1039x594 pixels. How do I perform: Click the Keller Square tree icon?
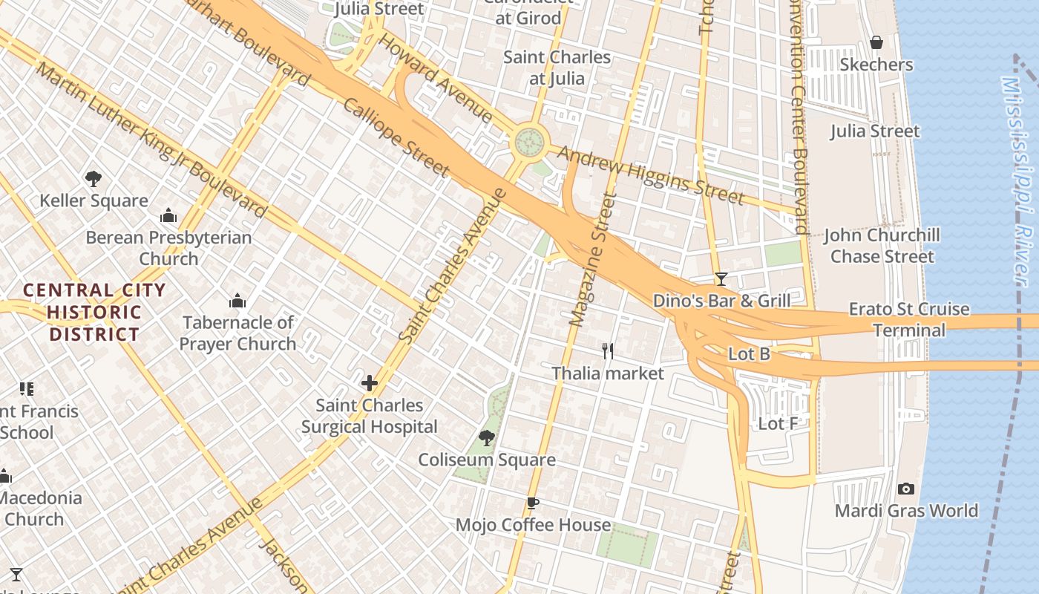[x=94, y=178]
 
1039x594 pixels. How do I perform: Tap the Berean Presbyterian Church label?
[x=168, y=248]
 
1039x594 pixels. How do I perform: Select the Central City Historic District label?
[x=94, y=312]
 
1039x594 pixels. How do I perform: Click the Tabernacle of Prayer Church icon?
[x=237, y=301]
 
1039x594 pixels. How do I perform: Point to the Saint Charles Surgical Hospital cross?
[x=369, y=383]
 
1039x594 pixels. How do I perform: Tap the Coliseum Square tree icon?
[x=487, y=438]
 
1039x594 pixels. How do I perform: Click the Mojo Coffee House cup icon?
[x=532, y=503]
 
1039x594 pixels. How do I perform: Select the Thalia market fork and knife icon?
[x=608, y=351]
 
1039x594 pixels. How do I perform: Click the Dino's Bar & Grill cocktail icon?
[x=721, y=279]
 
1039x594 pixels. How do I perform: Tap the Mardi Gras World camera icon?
[x=905, y=489]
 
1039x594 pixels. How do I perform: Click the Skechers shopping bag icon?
[x=876, y=42]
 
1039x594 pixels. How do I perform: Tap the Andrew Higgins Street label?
[x=650, y=175]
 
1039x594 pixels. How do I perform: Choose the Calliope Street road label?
[x=396, y=137]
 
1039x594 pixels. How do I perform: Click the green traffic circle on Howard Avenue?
[x=530, y=140]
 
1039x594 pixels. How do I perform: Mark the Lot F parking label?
[x=778, y=424]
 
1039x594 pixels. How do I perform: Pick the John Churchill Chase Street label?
[x=882, y=246]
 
